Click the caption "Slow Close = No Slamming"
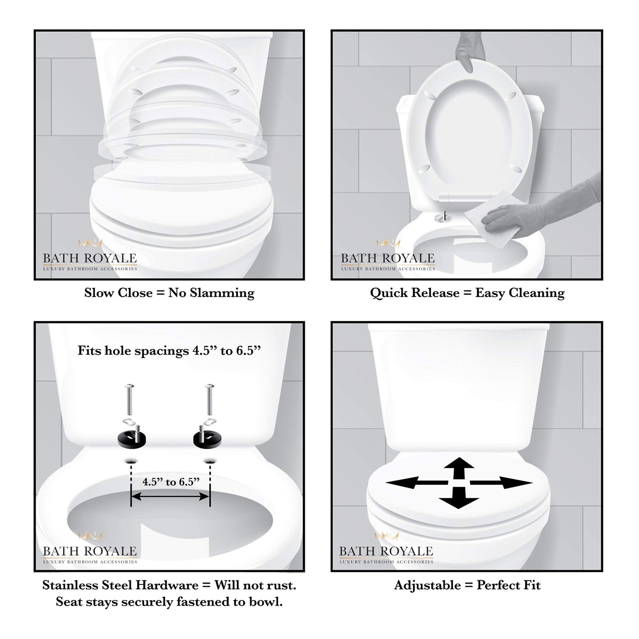point(169,293)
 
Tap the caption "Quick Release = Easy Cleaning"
point(467,293)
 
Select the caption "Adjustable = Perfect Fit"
point(467,585)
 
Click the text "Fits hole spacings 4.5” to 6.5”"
point(169,351)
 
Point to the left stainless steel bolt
point(129,399)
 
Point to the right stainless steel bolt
point(209,399)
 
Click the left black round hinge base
point(132,439)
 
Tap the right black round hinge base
point(207,439)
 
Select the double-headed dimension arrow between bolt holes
point(170,496)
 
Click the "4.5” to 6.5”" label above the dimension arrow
point(171,482)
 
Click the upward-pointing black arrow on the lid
point(459,468)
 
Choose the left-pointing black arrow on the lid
point(417,483)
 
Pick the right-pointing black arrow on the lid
point(501,483)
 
